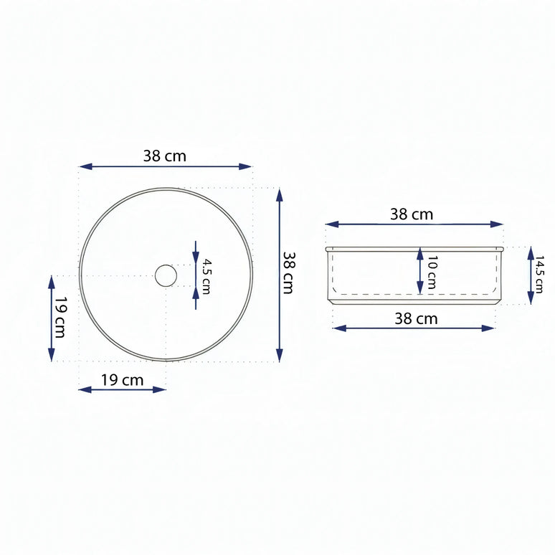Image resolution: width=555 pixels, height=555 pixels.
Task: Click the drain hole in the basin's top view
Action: (x=166, y=275)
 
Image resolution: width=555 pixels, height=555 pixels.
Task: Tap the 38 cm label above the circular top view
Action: (x=165, y=156)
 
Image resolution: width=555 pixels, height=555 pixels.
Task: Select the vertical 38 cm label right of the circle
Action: (x=288, y=272)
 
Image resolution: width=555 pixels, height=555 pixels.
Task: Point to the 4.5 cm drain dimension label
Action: (x=206, y=277)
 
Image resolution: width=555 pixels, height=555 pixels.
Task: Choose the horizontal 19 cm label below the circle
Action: (x=122, y=379)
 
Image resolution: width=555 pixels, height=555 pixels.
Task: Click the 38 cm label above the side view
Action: (x=412, y=214)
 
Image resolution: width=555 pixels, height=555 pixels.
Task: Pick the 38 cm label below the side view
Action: (x=415, y=318)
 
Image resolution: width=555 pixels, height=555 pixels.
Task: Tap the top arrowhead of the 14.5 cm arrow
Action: (x=531, y=252)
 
